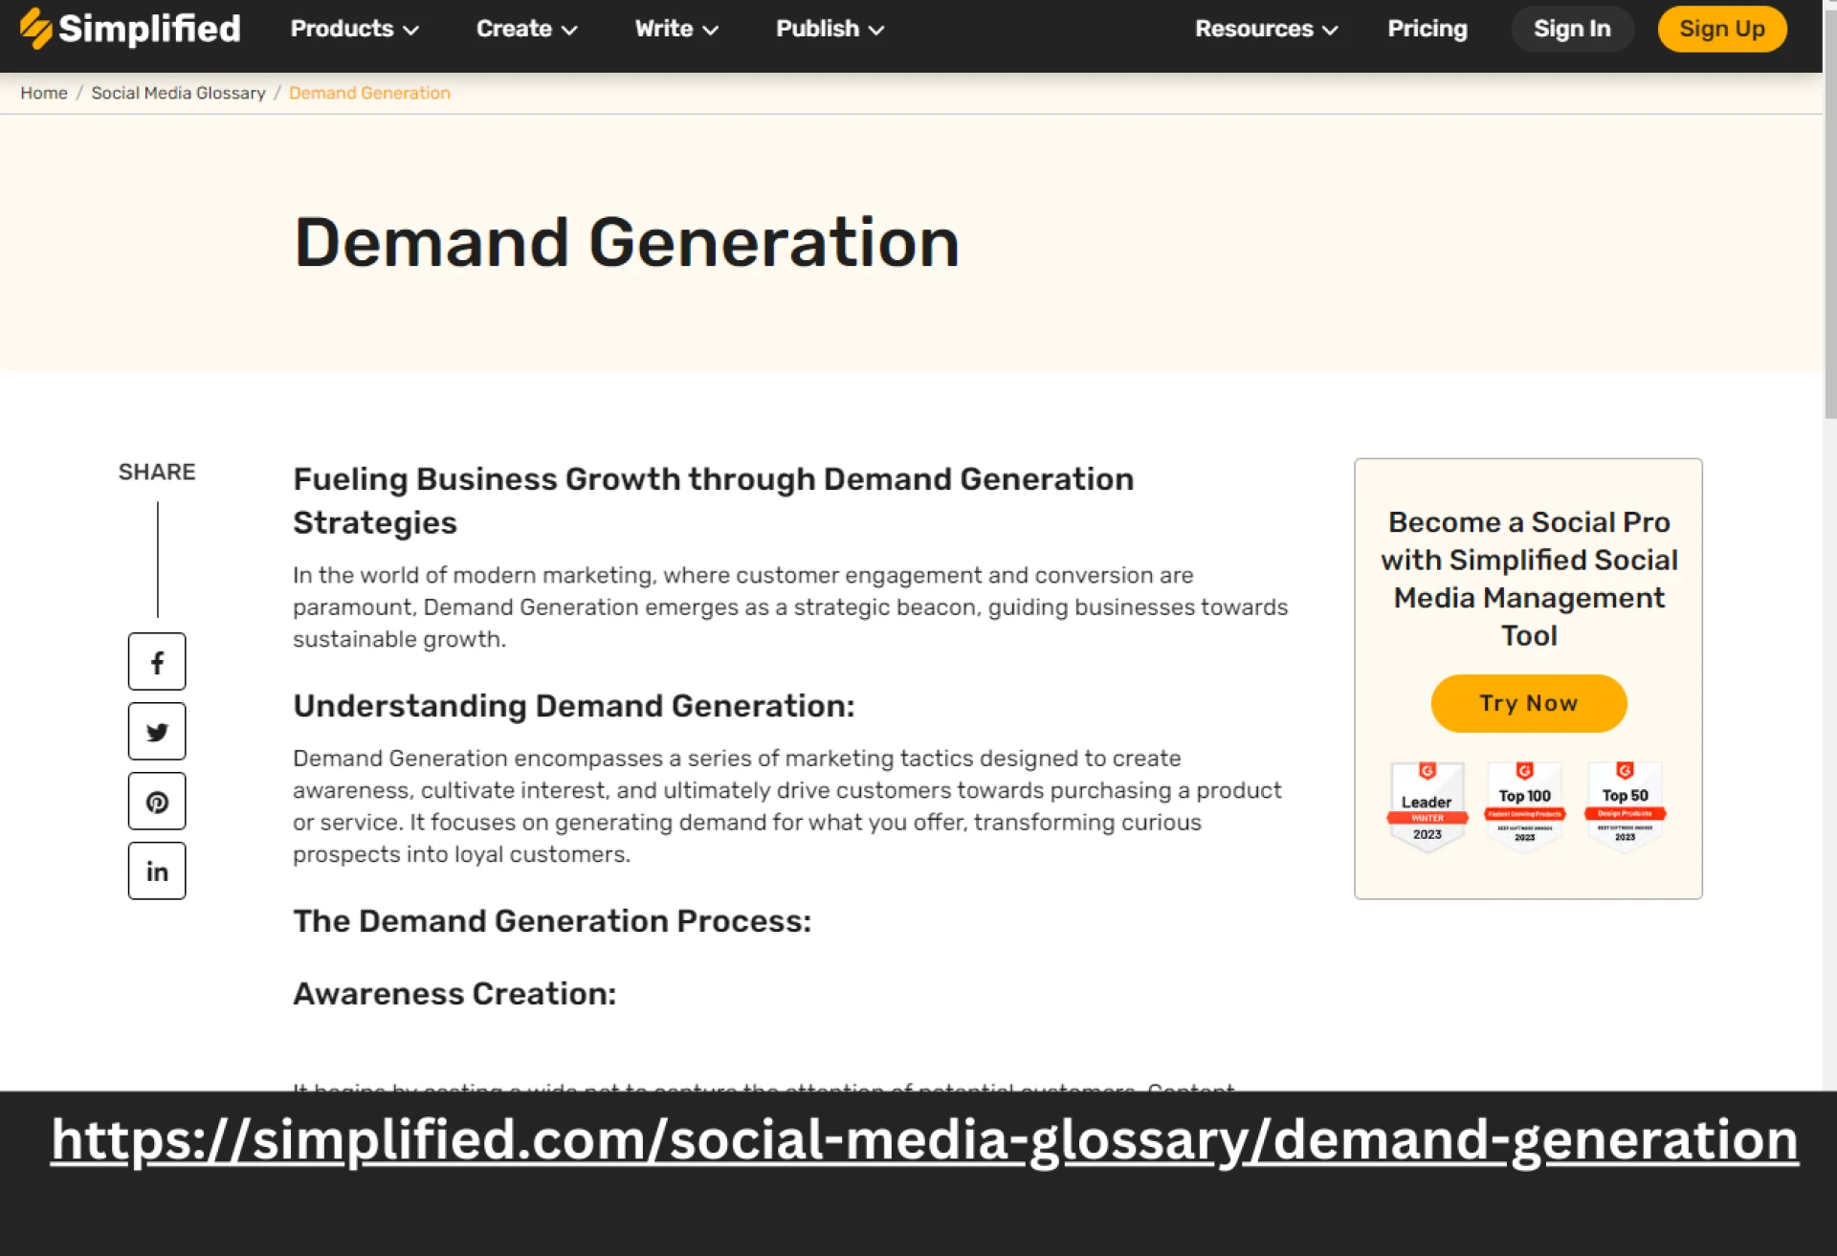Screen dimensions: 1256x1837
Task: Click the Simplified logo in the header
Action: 130,29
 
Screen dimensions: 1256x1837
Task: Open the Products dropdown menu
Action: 354,29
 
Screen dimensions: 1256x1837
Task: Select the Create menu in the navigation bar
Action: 526,29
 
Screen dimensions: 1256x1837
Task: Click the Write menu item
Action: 675,29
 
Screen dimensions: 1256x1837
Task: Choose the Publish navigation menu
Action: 829,29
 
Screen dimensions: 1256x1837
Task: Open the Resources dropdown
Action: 1265,29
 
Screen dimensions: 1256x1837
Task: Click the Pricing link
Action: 1427,29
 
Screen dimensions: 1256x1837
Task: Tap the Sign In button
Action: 1571,29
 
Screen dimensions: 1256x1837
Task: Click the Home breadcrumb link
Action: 44,93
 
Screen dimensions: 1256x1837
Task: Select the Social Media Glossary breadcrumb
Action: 178,93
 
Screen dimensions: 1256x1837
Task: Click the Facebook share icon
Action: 157,661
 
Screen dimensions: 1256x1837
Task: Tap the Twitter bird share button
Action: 157,732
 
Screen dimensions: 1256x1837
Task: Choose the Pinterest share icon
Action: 157,802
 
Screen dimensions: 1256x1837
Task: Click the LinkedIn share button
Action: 157,870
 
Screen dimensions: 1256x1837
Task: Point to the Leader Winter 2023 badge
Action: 1427,805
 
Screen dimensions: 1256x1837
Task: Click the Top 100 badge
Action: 1524,805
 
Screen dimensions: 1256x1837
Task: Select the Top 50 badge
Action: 1625,805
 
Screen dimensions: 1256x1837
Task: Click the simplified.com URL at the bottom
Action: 924,1139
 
